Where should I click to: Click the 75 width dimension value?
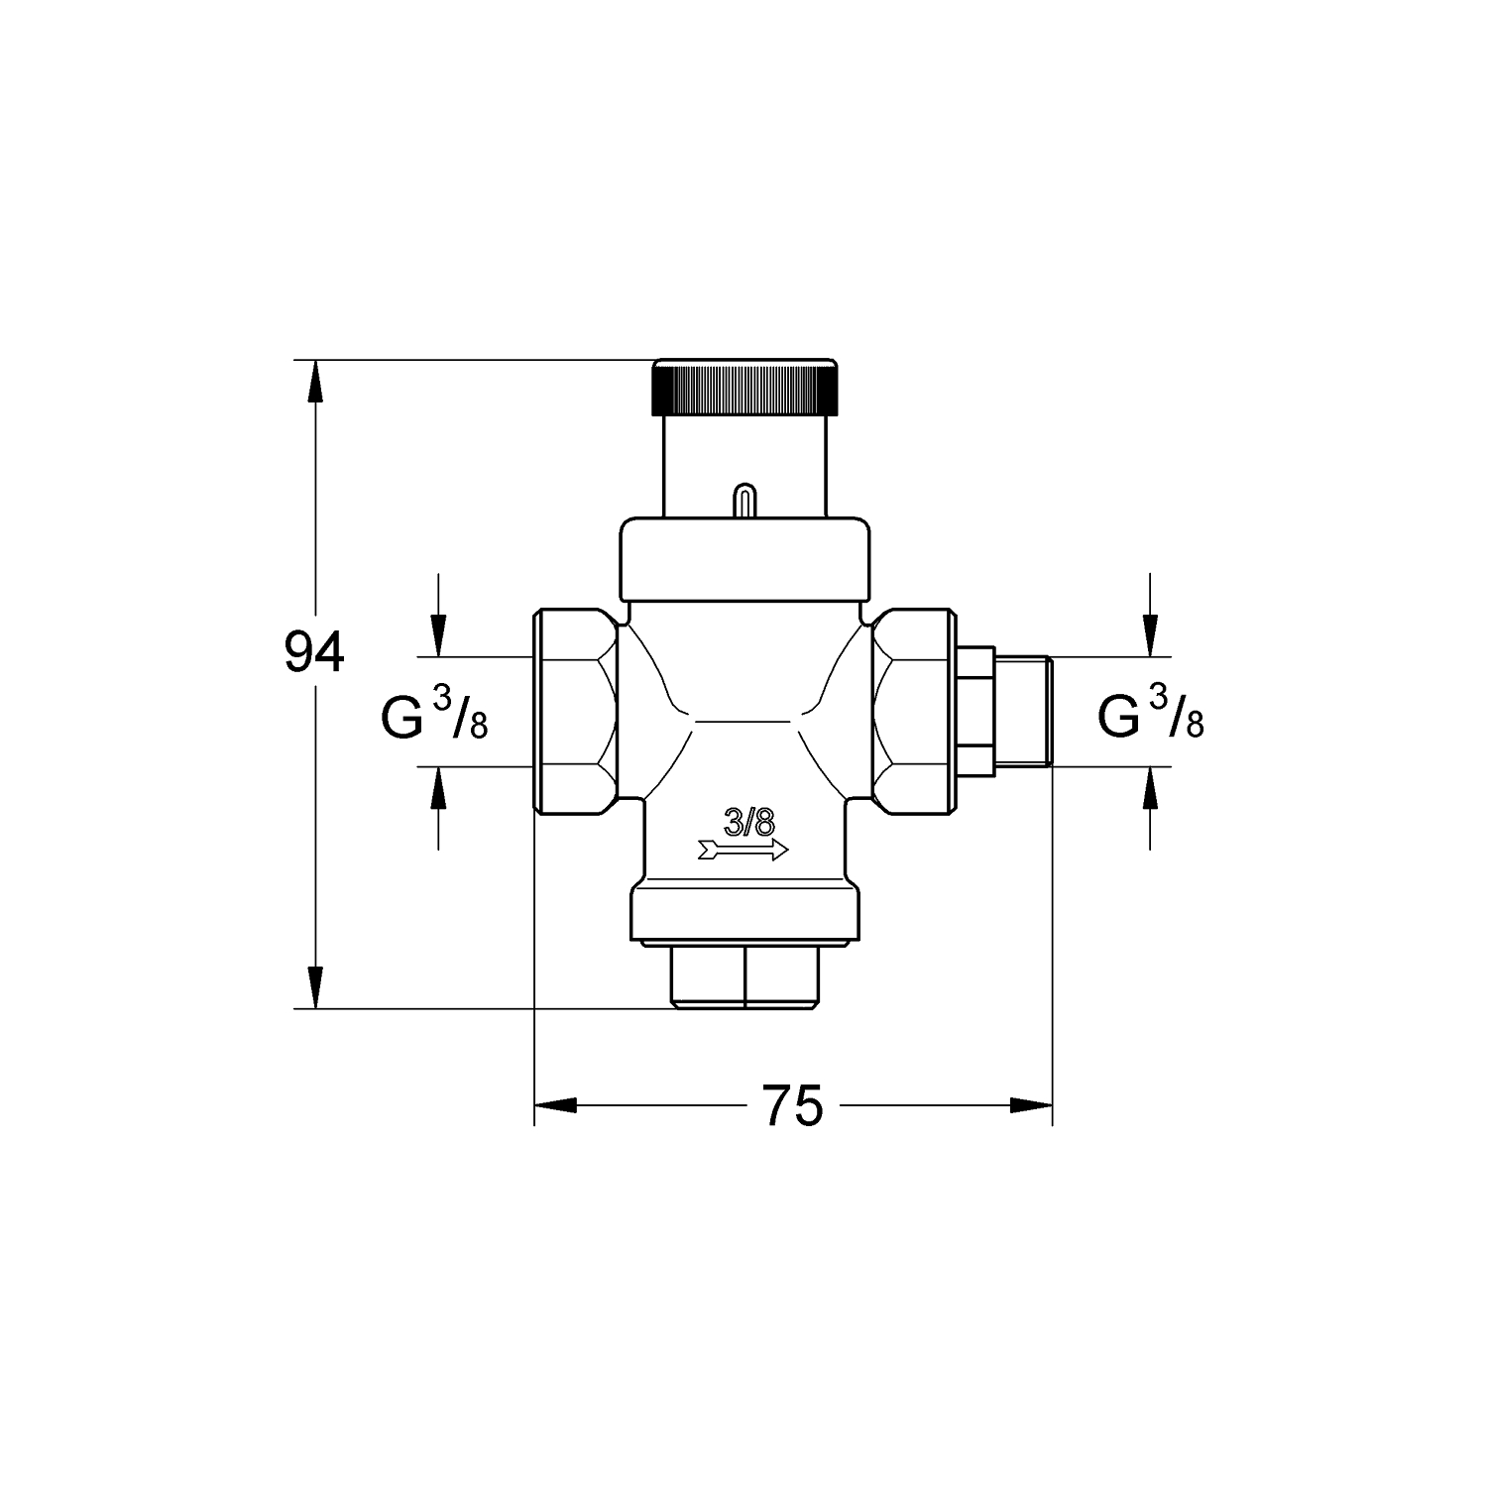[794, 1105]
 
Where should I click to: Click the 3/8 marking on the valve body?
[747, 822]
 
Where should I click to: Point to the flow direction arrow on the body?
[743, 850]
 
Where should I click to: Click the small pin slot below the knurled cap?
[742, 500]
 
